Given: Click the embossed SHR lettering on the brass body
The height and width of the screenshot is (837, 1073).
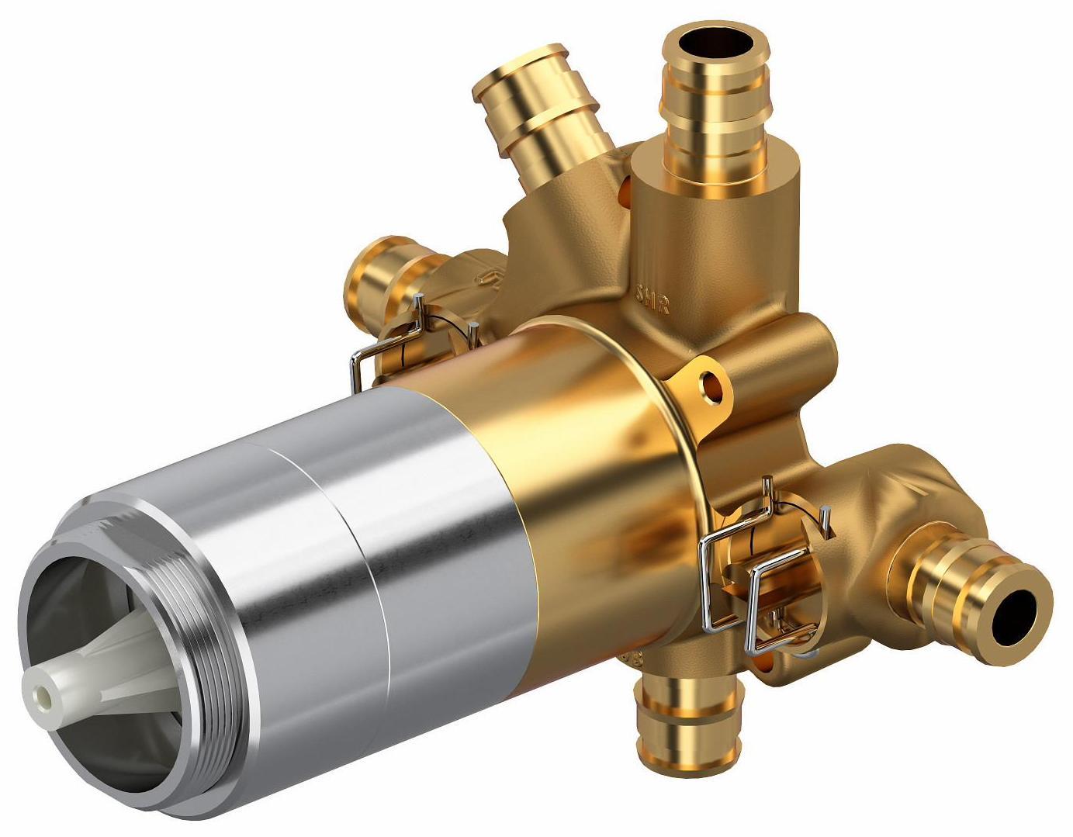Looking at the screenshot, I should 652,299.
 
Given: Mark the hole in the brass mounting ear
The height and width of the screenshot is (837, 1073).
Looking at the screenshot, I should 710,382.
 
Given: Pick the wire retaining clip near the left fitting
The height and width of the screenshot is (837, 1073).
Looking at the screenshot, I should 388,341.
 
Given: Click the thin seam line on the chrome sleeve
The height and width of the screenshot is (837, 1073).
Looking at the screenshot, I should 365,543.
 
